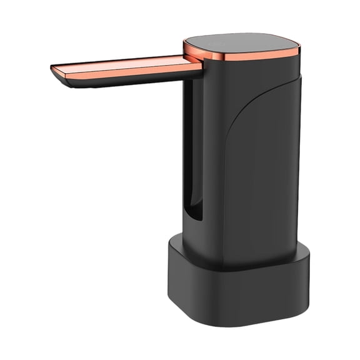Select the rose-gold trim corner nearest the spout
tap(187, 50)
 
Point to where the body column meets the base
tap(250, 254)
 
